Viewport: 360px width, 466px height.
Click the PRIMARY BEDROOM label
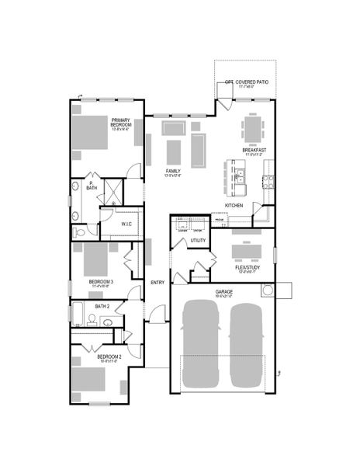120,124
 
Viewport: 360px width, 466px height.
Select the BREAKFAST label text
254,151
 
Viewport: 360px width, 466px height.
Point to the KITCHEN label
234,205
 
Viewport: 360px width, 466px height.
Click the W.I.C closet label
126,224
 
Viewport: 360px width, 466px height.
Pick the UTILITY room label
198,242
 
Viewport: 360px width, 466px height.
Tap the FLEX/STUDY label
247,268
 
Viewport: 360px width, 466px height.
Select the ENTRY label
157,282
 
